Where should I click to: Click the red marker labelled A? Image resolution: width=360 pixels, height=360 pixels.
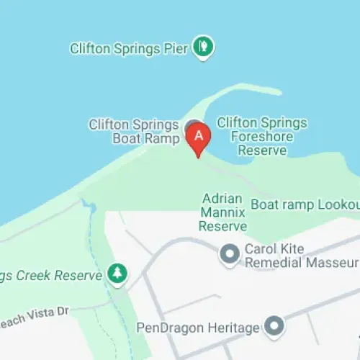(x=199, y=135)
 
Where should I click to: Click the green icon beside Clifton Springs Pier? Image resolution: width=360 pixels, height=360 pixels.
(x=204, y=48)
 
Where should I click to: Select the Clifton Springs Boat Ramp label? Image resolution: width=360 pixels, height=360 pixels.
(x=133, y=130)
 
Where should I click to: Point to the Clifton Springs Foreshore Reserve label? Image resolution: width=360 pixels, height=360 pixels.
(x=261, y=136)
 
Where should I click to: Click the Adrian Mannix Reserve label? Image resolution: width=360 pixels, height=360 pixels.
(x=223, y=212)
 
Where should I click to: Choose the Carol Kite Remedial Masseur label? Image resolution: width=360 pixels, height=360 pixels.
(x=301, y=255)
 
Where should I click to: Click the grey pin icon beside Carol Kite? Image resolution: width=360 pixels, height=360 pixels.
(x=230, y=254)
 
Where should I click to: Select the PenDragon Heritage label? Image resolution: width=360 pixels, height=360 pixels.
(x=197, y=328)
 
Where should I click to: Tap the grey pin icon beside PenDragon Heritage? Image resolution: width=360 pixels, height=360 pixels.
(x=274, y=328)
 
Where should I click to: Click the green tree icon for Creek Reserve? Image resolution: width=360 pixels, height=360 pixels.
(x=117, y=274)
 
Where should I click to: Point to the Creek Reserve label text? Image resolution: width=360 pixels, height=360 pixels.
(x=50, y=274)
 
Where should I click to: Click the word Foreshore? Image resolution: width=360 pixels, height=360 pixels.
(x=261, y=137)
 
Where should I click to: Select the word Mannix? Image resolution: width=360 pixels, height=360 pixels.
(x=223, y=212)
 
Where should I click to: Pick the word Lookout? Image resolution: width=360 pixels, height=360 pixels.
(x=334, y=205)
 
